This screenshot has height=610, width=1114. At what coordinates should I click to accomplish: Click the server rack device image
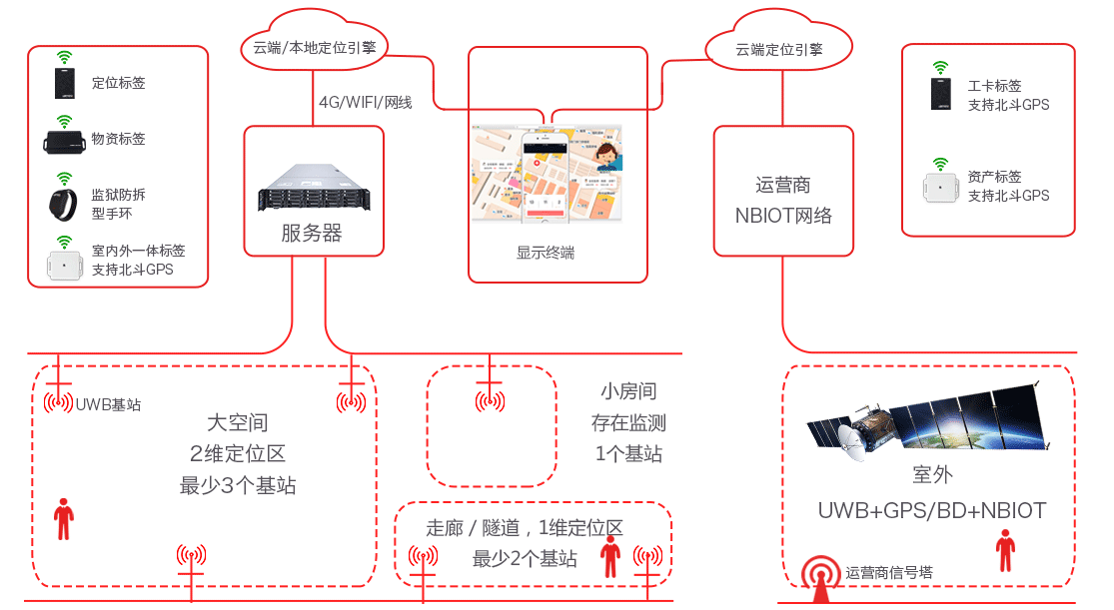coord(313,188)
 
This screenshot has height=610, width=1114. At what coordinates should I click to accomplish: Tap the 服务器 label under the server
coord(311,234)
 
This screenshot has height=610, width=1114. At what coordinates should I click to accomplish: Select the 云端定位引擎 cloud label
coord(779,49)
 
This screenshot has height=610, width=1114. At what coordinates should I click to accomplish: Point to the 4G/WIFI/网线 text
coord(366,102)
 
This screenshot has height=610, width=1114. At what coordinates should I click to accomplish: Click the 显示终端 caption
coord(546,253)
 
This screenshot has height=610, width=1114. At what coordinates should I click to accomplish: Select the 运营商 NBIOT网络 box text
coord(783,200)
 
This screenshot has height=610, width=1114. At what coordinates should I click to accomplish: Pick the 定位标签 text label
coord(118,83)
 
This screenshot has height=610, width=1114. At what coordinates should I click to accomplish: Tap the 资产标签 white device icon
coord(939,188)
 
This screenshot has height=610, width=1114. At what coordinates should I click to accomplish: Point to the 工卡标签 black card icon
coord(941,95)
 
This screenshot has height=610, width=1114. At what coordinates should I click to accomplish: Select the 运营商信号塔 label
coord(888,573)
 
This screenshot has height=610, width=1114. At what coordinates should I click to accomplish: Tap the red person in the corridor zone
coord(610,556)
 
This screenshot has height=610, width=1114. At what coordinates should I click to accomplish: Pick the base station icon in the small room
coord(489,401)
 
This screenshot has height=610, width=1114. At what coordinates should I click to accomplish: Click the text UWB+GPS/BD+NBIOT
coord(931,511)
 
